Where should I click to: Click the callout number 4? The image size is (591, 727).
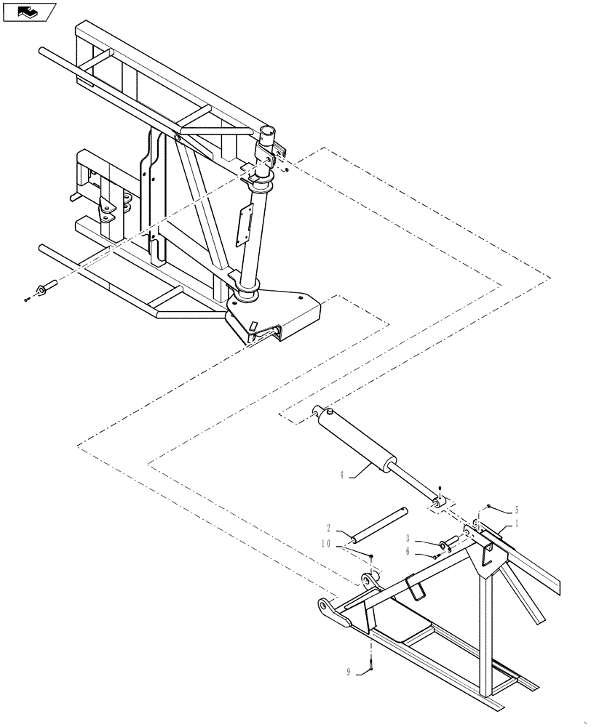pyautogui.click(x=341, y=476)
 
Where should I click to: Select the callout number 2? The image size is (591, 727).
pyautogui.click(x=329, y=529)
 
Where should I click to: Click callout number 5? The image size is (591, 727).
pyautogui.click(x=517, y=510)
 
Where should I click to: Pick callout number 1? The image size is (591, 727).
pyautogui.click(x=517, y=523)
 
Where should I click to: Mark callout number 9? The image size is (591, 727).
pyautogui.click(x=349, y=672)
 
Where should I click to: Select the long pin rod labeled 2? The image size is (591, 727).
pyautogui.click(x=377, y=526)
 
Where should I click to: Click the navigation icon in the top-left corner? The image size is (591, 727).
pyautogui.click(x=29, y=12)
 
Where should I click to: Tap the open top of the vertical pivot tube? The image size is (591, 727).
pyautogui.click(x=266, y=131)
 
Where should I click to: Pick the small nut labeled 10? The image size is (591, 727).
pyautogui.click(x=371, y=556)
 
